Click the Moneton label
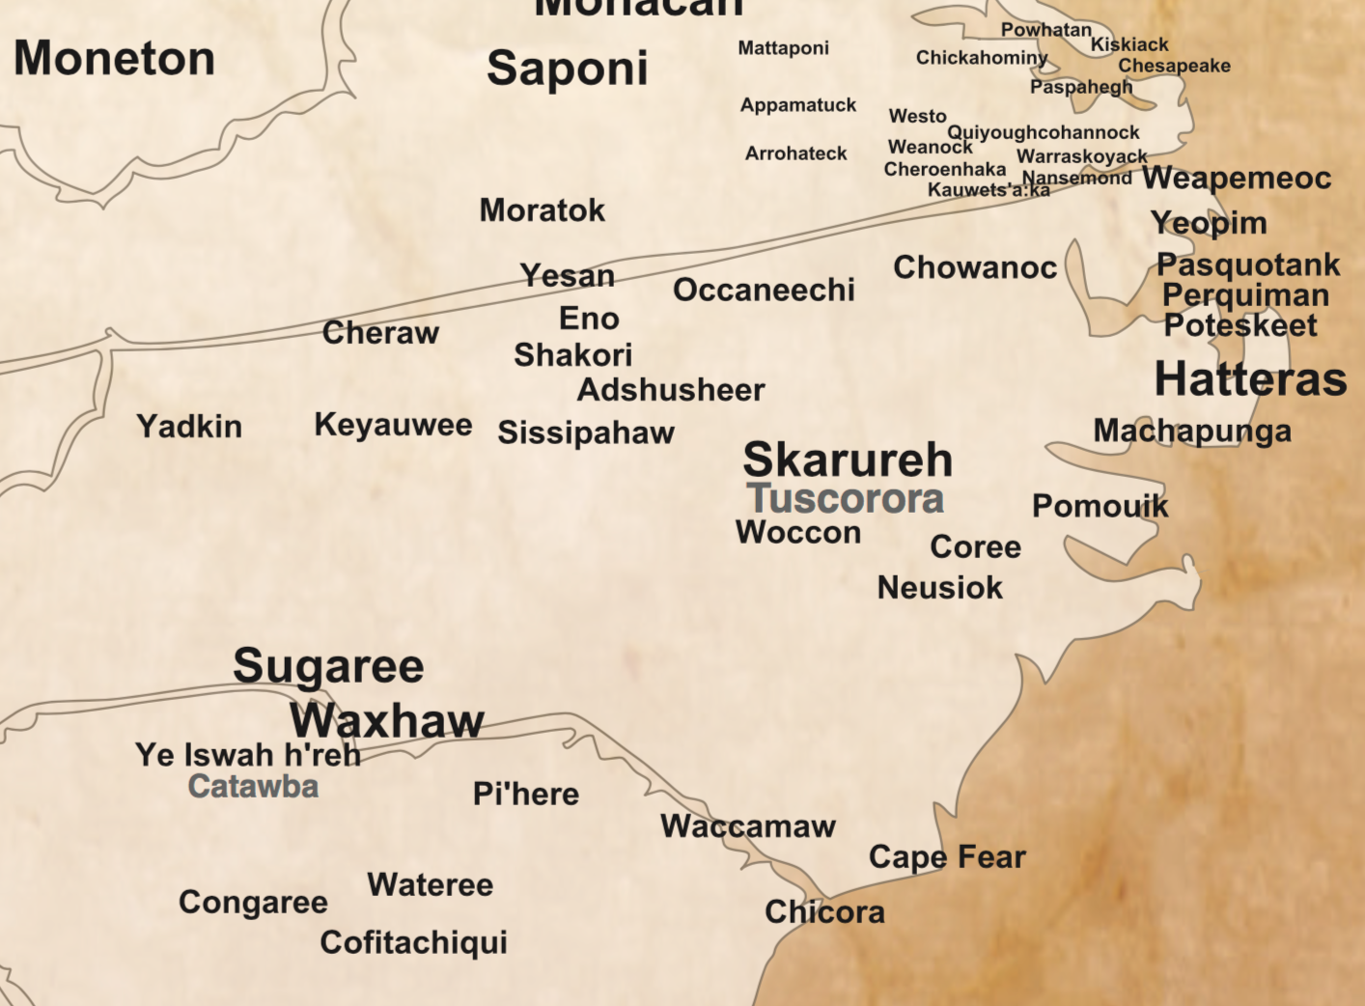click(x=114, y=58)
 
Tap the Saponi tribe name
click(x=567, y=69)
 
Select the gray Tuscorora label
click(x=846, y=499)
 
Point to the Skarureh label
click(x=848, y=460)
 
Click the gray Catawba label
click(x=253, y=786)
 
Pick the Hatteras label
click(x=1250, y=378)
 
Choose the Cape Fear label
click(x=947, y=856)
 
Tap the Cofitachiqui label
click(x=413, y=942)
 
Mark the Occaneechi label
click(x=764, y=290)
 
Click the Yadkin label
click(x=189, y=426)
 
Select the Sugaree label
click(x=328, y=666)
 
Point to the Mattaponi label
click(x=783, y=48)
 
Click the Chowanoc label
click(x=975, y=267)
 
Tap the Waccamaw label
click(x=748, y=826)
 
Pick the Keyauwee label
click(x=393, y=425)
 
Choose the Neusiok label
click(x=939, y=587)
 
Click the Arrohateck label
click(x=795, y=154)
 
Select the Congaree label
click(x=253, y=902)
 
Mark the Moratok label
click(x=542, y=210)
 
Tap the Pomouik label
click(x=1100, y=506)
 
